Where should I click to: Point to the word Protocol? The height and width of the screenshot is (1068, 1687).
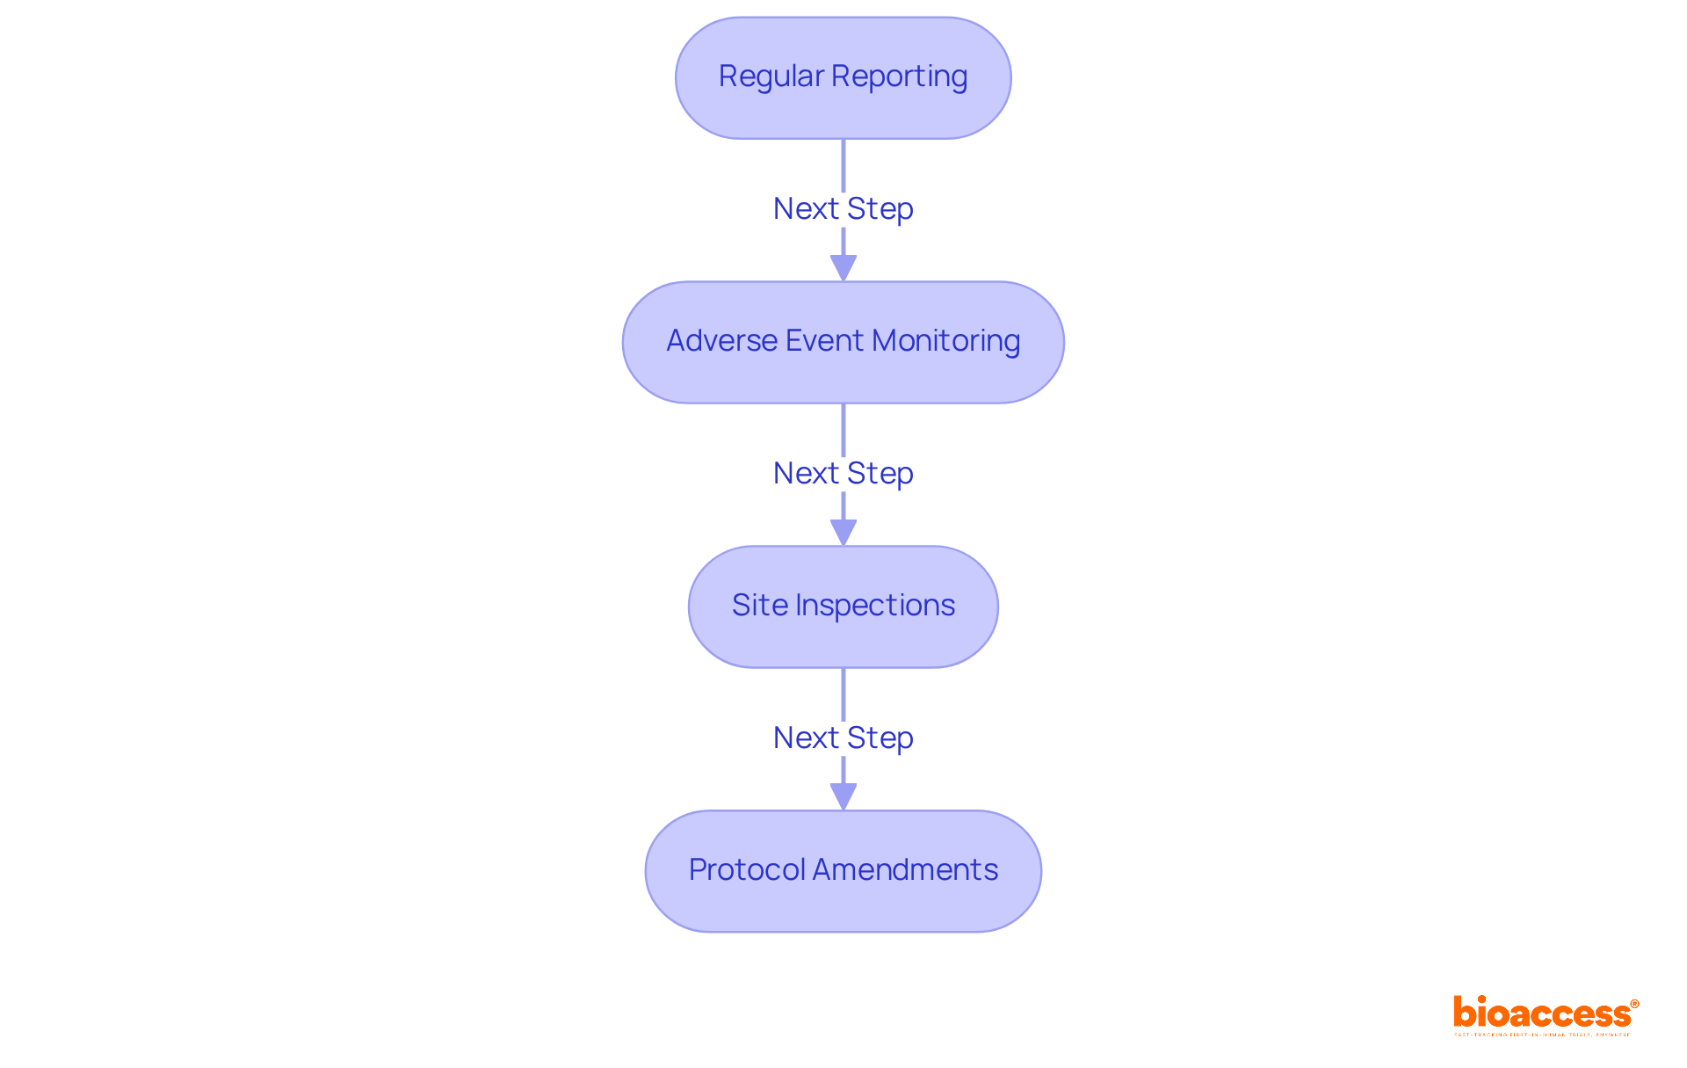click(747, 870)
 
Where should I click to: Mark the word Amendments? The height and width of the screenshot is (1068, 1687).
click(905, 870)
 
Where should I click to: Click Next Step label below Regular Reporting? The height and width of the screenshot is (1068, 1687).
click(843, 209)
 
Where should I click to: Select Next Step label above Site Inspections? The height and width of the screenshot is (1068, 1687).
click(843, 474)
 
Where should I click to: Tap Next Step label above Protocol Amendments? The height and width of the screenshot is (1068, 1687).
click(843, 738)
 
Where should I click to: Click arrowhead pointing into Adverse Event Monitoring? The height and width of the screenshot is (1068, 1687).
click(843, 268)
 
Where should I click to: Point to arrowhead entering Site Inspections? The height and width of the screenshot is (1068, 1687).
click(843, 533)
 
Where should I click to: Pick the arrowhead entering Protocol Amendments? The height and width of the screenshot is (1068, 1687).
click(843, 797)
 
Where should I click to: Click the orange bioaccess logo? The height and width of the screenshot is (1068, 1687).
click(1545, 1014)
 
